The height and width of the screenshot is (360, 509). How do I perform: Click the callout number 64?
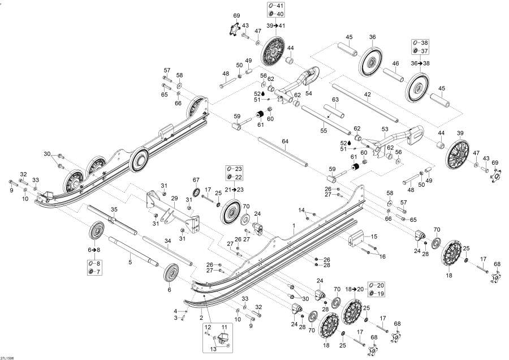285,141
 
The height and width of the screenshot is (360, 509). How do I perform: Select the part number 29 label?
175,198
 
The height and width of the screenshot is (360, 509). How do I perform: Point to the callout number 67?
196,180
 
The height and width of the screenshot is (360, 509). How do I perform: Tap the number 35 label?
113,208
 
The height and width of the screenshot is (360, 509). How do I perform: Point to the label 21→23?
233,190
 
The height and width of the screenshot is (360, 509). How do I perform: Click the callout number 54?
309,93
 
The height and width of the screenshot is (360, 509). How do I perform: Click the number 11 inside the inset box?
224,328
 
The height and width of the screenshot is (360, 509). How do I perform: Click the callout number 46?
395,63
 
